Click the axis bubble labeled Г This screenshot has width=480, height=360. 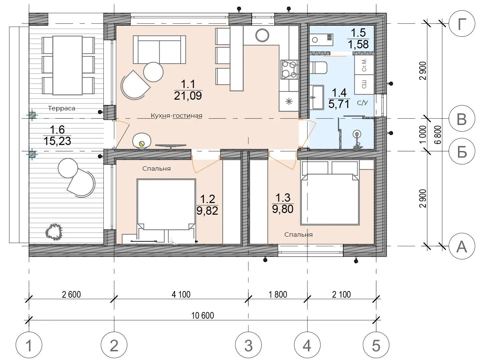coord(462,24)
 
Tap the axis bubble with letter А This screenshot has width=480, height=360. coord(462,246)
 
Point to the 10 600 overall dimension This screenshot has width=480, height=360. coord(202,315)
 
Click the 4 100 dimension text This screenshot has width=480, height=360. coord(181,294)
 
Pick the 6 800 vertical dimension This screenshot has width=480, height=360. coord(438,135)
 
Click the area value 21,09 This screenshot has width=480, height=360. coord(188,96)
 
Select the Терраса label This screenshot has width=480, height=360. coord(62,108)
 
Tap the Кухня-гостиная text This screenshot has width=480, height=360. coord(176,115)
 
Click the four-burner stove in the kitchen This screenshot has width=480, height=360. coord(290,70)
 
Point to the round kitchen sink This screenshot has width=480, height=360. coord(262,35)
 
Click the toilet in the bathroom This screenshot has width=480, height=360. coord(318,68)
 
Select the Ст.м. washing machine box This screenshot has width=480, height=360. coord(364,65)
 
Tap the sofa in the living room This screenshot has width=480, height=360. coord(159,50)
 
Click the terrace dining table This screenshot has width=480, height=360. coord(68,65)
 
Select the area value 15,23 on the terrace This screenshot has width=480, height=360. coord(57,141)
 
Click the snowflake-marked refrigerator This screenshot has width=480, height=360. coord(289,101)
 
